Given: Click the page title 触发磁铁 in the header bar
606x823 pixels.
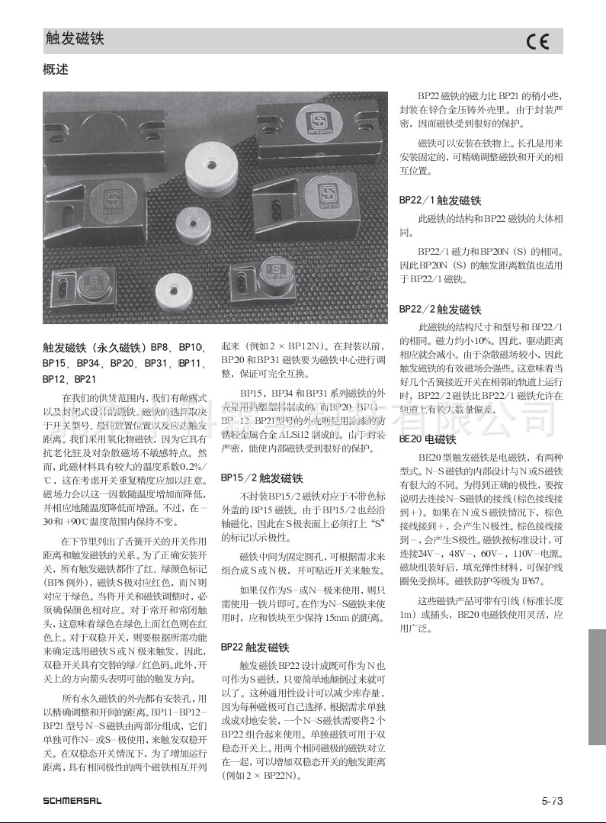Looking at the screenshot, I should click(75, 39).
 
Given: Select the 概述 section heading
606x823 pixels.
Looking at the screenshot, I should click(56, 69).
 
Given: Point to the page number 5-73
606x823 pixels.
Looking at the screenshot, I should click(552, 801).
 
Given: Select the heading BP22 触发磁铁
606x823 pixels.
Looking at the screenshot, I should click(255, 647).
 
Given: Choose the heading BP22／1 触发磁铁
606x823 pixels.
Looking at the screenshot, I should click(440, 201).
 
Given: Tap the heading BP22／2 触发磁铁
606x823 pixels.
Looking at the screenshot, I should click(440, 310).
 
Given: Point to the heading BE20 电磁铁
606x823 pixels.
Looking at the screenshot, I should click(428, 439).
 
